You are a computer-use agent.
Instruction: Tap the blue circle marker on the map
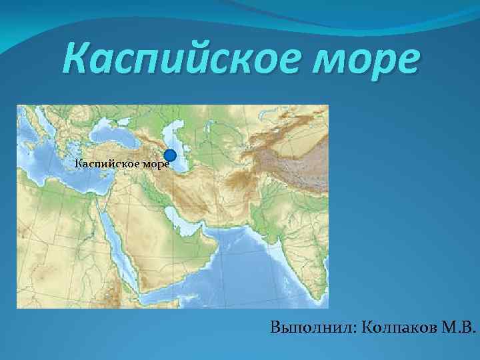pyautogui.click(x=170, y=156)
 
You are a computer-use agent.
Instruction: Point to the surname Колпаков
pyautogui.click(x=402, y=327)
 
